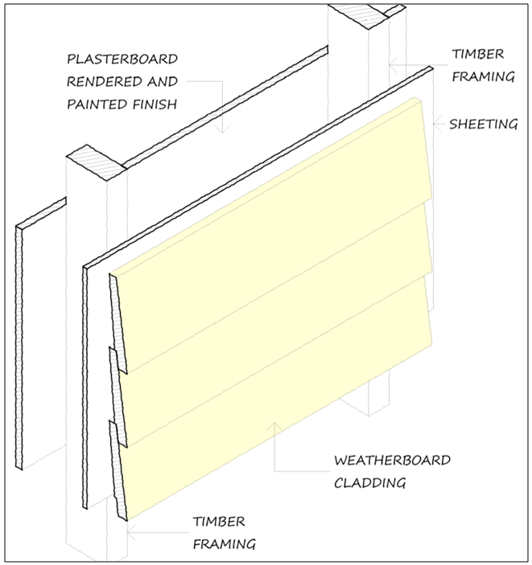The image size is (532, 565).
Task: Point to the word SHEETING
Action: tap(483, 124)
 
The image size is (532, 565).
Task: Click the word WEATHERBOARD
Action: tap(392, 461)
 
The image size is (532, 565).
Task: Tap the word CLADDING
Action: tap(369, 483)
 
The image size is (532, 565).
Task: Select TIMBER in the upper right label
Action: tap(477, 54)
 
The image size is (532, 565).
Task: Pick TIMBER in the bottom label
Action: tap(218, 522)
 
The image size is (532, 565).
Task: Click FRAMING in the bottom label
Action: tap(224, 544)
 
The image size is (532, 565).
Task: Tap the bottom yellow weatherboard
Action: tap(274, 394)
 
